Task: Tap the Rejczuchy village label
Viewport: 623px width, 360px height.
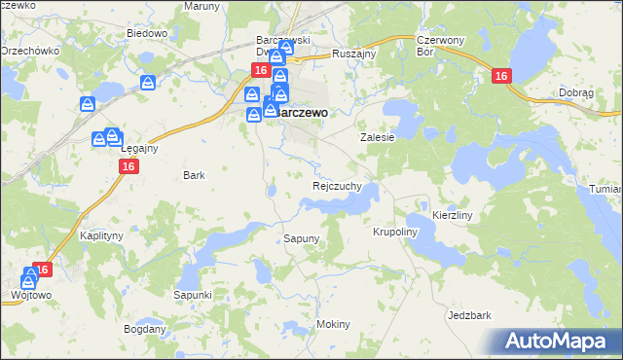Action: [x=338, y=185]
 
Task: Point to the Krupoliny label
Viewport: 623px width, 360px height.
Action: [x=394, y=233]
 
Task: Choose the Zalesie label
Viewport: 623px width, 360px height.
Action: [x=378, y=138]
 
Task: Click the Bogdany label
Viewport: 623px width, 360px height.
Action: [x=145, y=329]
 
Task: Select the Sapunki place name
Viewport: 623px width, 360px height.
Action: [x=193, y=294]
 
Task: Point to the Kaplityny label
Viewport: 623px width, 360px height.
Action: [x=101, y=236]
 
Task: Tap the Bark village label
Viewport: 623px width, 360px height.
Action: [x=194, y=175]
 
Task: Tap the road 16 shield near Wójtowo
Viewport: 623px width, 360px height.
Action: [x=42, y=270]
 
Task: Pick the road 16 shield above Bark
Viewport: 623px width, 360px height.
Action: [x=129, y=166]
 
